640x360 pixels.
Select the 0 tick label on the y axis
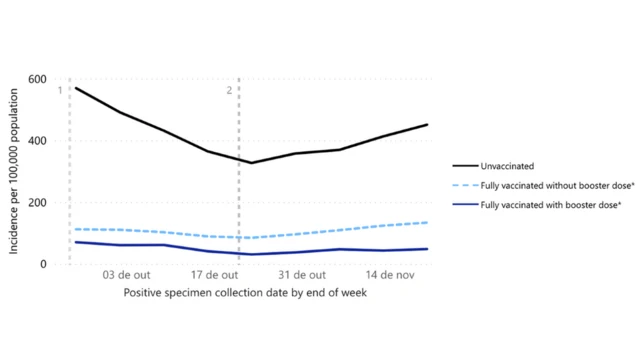point(43,264)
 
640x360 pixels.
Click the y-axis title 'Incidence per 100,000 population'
point(15,170)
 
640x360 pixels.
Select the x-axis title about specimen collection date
point(246,293)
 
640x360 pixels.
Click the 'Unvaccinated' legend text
point(508,166)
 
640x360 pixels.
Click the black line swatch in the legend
point(464,166)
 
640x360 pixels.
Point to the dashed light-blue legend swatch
point(464,185)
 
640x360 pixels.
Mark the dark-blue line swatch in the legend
point(464,205)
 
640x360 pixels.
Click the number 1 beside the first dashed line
point(61,91)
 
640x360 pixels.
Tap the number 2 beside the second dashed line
point(230,91)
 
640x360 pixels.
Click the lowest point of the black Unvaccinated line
point(251,163)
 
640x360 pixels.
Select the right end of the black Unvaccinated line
point(427,125)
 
